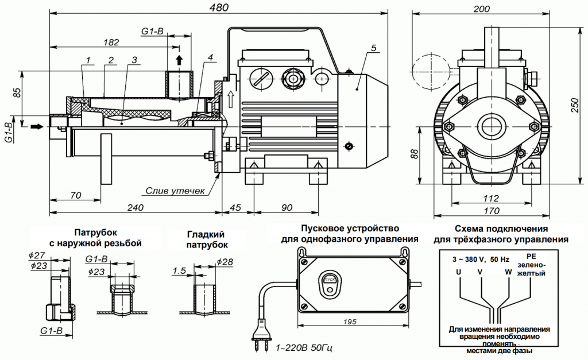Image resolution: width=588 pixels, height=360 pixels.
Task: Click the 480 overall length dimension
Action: coord(220,7)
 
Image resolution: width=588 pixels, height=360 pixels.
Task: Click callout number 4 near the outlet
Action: coord(211,57)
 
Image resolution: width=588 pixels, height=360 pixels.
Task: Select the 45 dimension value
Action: coord(235,207)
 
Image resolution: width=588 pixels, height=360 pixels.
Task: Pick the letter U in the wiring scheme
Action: coord(458,272)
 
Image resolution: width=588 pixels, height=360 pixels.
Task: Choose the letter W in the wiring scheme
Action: coord(508,272)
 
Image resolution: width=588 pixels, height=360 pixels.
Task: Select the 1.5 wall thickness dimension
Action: coord(179,270)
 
